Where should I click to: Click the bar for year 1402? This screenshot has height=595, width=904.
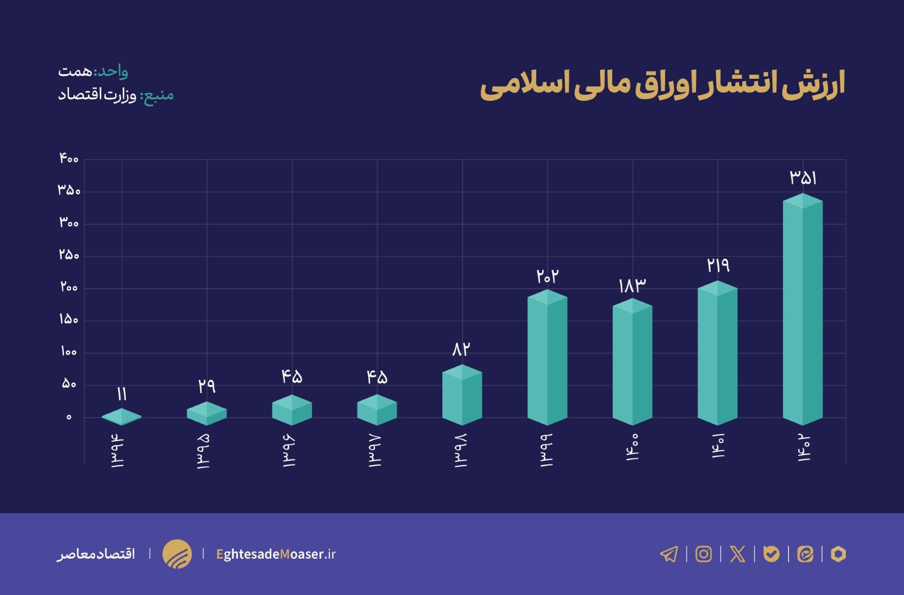803,311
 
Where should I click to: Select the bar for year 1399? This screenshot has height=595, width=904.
547,358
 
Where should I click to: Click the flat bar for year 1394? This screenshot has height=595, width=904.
122,417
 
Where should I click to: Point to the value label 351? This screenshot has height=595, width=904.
803,178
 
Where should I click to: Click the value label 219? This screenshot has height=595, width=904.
718,266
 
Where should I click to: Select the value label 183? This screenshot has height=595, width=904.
632,285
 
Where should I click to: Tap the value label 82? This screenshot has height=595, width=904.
461,349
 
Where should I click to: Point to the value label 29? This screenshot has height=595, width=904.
206,386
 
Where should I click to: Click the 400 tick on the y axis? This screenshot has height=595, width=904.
69,159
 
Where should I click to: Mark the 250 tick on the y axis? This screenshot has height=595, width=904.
69,255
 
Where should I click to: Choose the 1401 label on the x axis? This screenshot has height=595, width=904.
718,446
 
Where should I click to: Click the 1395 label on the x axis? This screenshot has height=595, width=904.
203,451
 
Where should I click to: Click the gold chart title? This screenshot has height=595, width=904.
662,85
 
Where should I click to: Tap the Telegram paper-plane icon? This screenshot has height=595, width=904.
669,554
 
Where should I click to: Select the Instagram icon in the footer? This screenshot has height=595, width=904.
704,554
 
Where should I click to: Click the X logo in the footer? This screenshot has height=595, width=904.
737,554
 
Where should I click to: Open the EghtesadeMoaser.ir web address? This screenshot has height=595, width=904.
276,554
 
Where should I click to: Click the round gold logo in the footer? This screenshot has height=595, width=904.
177,554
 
